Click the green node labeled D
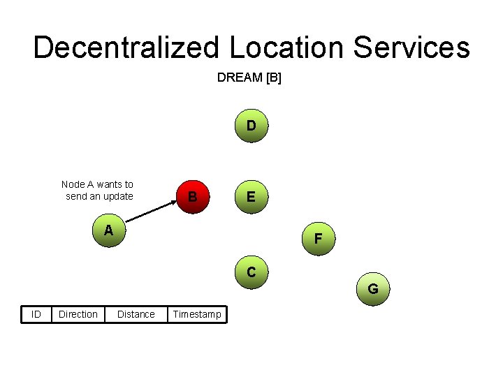pos(251,127)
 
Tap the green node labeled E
pos(251,198)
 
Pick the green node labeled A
pos(108,230)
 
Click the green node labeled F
pos(318,239)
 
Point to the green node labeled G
pos(373,288)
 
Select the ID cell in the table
pos(36,314)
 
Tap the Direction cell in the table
pos(78,314)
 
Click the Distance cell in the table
pos(136,314)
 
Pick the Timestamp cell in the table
pos(196,314)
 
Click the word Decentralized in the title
pos(125,48)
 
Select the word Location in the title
pos(286,48)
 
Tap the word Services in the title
pos(411,48)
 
